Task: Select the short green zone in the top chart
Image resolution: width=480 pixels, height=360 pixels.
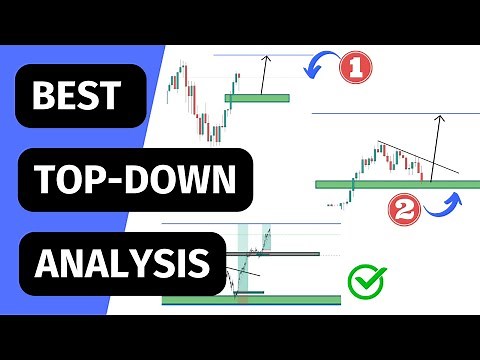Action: coord(258,98)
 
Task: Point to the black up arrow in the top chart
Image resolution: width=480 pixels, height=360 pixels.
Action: coord(264,74)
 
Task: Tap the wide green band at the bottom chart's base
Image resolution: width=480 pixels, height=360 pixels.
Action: coord(250,298)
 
